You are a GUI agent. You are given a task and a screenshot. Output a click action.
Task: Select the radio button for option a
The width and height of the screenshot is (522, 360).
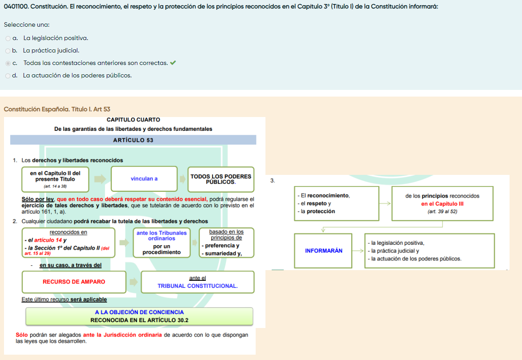click(8, 39)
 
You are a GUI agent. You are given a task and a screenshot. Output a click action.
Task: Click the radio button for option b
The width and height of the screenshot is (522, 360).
click(8, 51)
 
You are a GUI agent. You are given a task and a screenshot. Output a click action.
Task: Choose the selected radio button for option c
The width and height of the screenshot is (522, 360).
click(8, 64)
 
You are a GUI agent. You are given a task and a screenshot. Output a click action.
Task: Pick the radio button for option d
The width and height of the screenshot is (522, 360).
click(8, 76)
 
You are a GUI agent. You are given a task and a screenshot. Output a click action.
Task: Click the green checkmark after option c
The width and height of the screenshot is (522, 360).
click(173, 63)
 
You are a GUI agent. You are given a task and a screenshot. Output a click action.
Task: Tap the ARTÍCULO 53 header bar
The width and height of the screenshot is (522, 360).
click(133, 140)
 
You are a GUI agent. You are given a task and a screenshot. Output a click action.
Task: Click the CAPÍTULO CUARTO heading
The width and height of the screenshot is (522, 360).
click(133, 120)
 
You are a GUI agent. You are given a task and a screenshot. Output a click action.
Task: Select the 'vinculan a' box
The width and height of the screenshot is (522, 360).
click(144, 179)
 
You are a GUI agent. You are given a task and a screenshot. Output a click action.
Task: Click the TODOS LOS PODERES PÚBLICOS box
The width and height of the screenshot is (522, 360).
click(221, 179)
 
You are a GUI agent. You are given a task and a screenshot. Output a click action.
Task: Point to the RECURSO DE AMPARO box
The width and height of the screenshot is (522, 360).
click(74, 282)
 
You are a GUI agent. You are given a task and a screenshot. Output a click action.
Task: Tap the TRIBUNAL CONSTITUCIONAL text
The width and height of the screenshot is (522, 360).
click(197, 286)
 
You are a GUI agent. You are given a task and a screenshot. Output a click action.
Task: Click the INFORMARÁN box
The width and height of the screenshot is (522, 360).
click(323, 251)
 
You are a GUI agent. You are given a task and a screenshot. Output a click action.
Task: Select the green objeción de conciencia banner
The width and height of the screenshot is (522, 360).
click(139, 316)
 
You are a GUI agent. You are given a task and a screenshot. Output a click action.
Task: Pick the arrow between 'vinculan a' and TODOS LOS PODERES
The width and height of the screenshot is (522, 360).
click(182, 179)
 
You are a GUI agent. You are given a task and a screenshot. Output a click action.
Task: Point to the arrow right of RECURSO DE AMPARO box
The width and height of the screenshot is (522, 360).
click(133, 282)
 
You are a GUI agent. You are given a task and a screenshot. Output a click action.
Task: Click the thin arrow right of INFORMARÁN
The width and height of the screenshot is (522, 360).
click(358, 251)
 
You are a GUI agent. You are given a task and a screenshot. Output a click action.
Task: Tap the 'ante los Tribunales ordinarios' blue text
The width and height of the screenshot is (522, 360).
click(162, 235)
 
